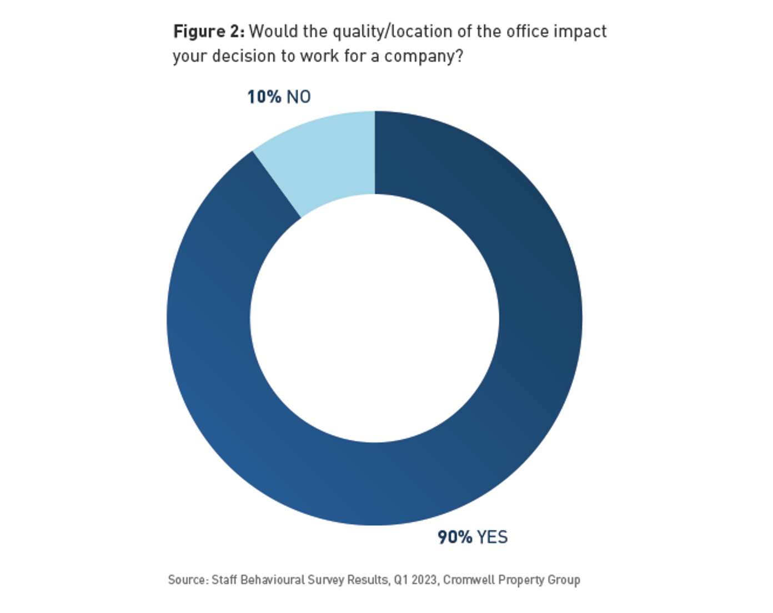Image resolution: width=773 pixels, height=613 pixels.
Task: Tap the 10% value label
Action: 264,97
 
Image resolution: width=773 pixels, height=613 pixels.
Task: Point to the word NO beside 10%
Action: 299,97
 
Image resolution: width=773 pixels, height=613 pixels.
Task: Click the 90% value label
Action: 455,537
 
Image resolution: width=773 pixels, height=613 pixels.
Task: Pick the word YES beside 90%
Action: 493,537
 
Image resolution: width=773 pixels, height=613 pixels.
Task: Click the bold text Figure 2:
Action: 209,32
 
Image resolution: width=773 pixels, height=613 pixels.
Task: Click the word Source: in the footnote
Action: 188,580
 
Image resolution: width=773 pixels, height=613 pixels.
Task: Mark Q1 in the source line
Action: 401,580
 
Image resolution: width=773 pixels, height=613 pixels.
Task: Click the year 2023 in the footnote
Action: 425,580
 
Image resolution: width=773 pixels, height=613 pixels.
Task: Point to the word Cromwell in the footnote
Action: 468,580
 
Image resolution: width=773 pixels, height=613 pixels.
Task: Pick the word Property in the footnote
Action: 521,580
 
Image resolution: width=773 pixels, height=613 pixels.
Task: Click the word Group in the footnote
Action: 564,580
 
